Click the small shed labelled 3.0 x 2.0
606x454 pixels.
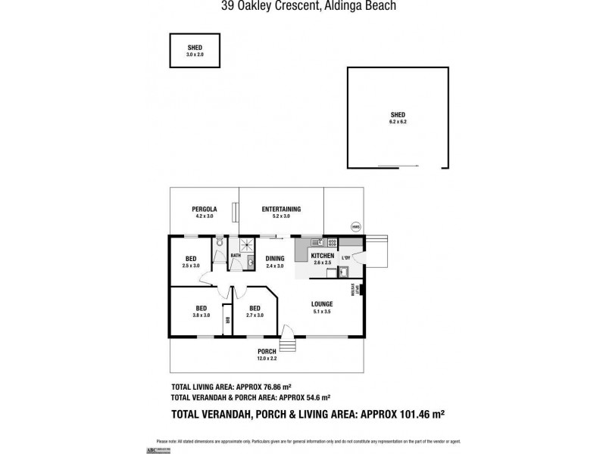tap(194, 50)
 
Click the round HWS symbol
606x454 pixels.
tap(355, 225)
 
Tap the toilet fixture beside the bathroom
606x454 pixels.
tap(218, 244)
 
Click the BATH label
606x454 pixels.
tap(236, 256)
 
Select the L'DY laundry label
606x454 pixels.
tap(345, 258)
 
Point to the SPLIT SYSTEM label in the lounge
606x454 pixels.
tap(352, 290)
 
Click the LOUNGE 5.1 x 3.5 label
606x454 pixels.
tap(322, 307)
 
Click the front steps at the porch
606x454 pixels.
tap(287, 345)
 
